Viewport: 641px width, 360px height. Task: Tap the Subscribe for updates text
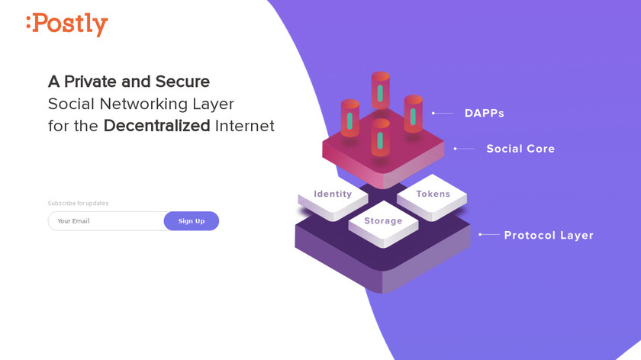(x=79, y=204)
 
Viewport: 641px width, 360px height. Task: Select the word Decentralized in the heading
(x=156, y=126)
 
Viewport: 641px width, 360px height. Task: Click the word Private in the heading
(x=98, y=82)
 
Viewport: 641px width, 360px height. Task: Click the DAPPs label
(x=484, y=114)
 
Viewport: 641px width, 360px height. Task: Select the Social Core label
(x=520, y=149)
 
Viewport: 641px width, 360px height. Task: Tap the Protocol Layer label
(x=549, y=236)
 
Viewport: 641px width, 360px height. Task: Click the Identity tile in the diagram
(x=333, y=194)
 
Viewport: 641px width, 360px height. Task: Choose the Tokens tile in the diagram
(x=433, y=194)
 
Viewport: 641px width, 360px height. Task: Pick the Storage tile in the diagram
(x=382, y=221)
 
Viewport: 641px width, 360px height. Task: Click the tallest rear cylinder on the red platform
(x=380, y=92)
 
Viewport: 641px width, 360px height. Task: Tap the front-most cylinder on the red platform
(x=380, y=138)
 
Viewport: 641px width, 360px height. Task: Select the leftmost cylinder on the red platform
(x=349, y=118)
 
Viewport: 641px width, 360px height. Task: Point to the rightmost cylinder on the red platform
(x=413, y=114)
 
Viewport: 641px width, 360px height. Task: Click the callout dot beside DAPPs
(x=433, y=113)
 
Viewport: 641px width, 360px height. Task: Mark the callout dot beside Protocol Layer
(x=479, y=235)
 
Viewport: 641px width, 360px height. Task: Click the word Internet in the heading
(x=244, y=126)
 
